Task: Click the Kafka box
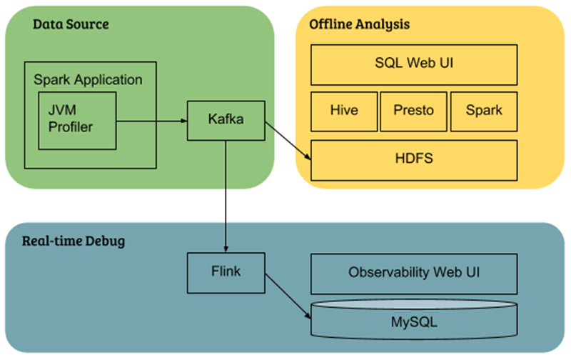226,120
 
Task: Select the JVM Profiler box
76,120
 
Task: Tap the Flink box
225,272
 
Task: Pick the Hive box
343,111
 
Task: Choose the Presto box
413,111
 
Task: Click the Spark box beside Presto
483,111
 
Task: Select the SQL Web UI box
414,64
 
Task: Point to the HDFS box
414,159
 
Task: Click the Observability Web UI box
414,272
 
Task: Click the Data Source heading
71,24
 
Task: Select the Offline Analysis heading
359,24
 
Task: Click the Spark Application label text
88,79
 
